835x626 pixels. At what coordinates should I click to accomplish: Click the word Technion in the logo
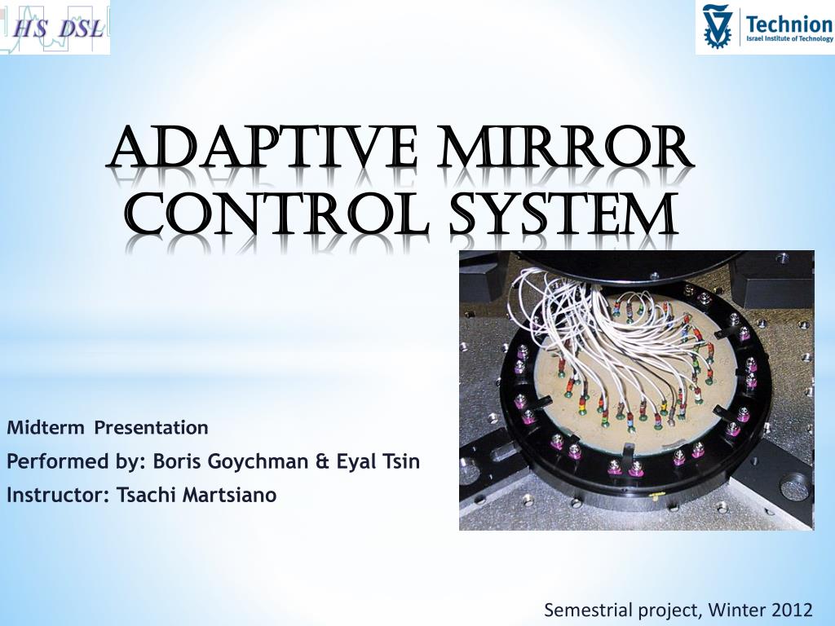point(789,22)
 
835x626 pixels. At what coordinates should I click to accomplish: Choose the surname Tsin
point(401,461)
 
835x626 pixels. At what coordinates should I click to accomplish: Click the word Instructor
point(50,495)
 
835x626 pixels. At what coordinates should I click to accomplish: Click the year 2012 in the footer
point(793,609)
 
